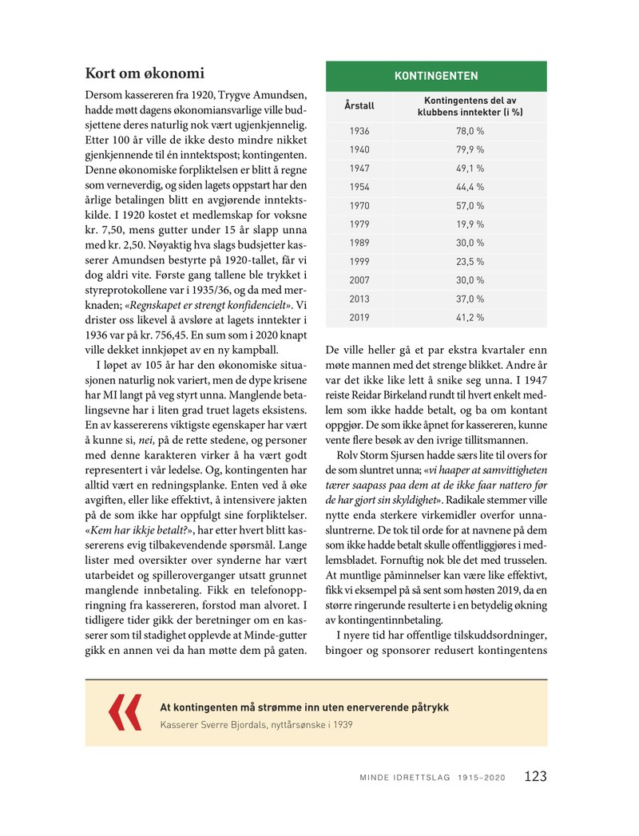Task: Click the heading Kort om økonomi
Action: click(x=145, y=74)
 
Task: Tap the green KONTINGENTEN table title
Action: click(x=436, y=76)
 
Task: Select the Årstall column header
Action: click(x=359, y=105)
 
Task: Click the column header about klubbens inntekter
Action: click(x=470, y=105)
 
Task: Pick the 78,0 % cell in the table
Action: click(x=470, y=131)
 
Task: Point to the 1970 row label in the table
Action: click(x=359, y=205)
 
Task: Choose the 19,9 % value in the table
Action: click(x=470, y=224)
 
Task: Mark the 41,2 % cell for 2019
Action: click(x=470, y=317)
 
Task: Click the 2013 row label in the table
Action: click(x=359, y=299)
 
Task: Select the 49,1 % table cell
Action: click(x=470, y=168)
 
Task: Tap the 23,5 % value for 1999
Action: click(x=470, y=261)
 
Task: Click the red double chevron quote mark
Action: click(x=125, y=712)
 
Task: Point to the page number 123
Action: click(x=535, y=776)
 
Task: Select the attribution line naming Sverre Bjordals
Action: click(x=256, y=725)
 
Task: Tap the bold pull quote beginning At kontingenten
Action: click(x=304, y=707)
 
